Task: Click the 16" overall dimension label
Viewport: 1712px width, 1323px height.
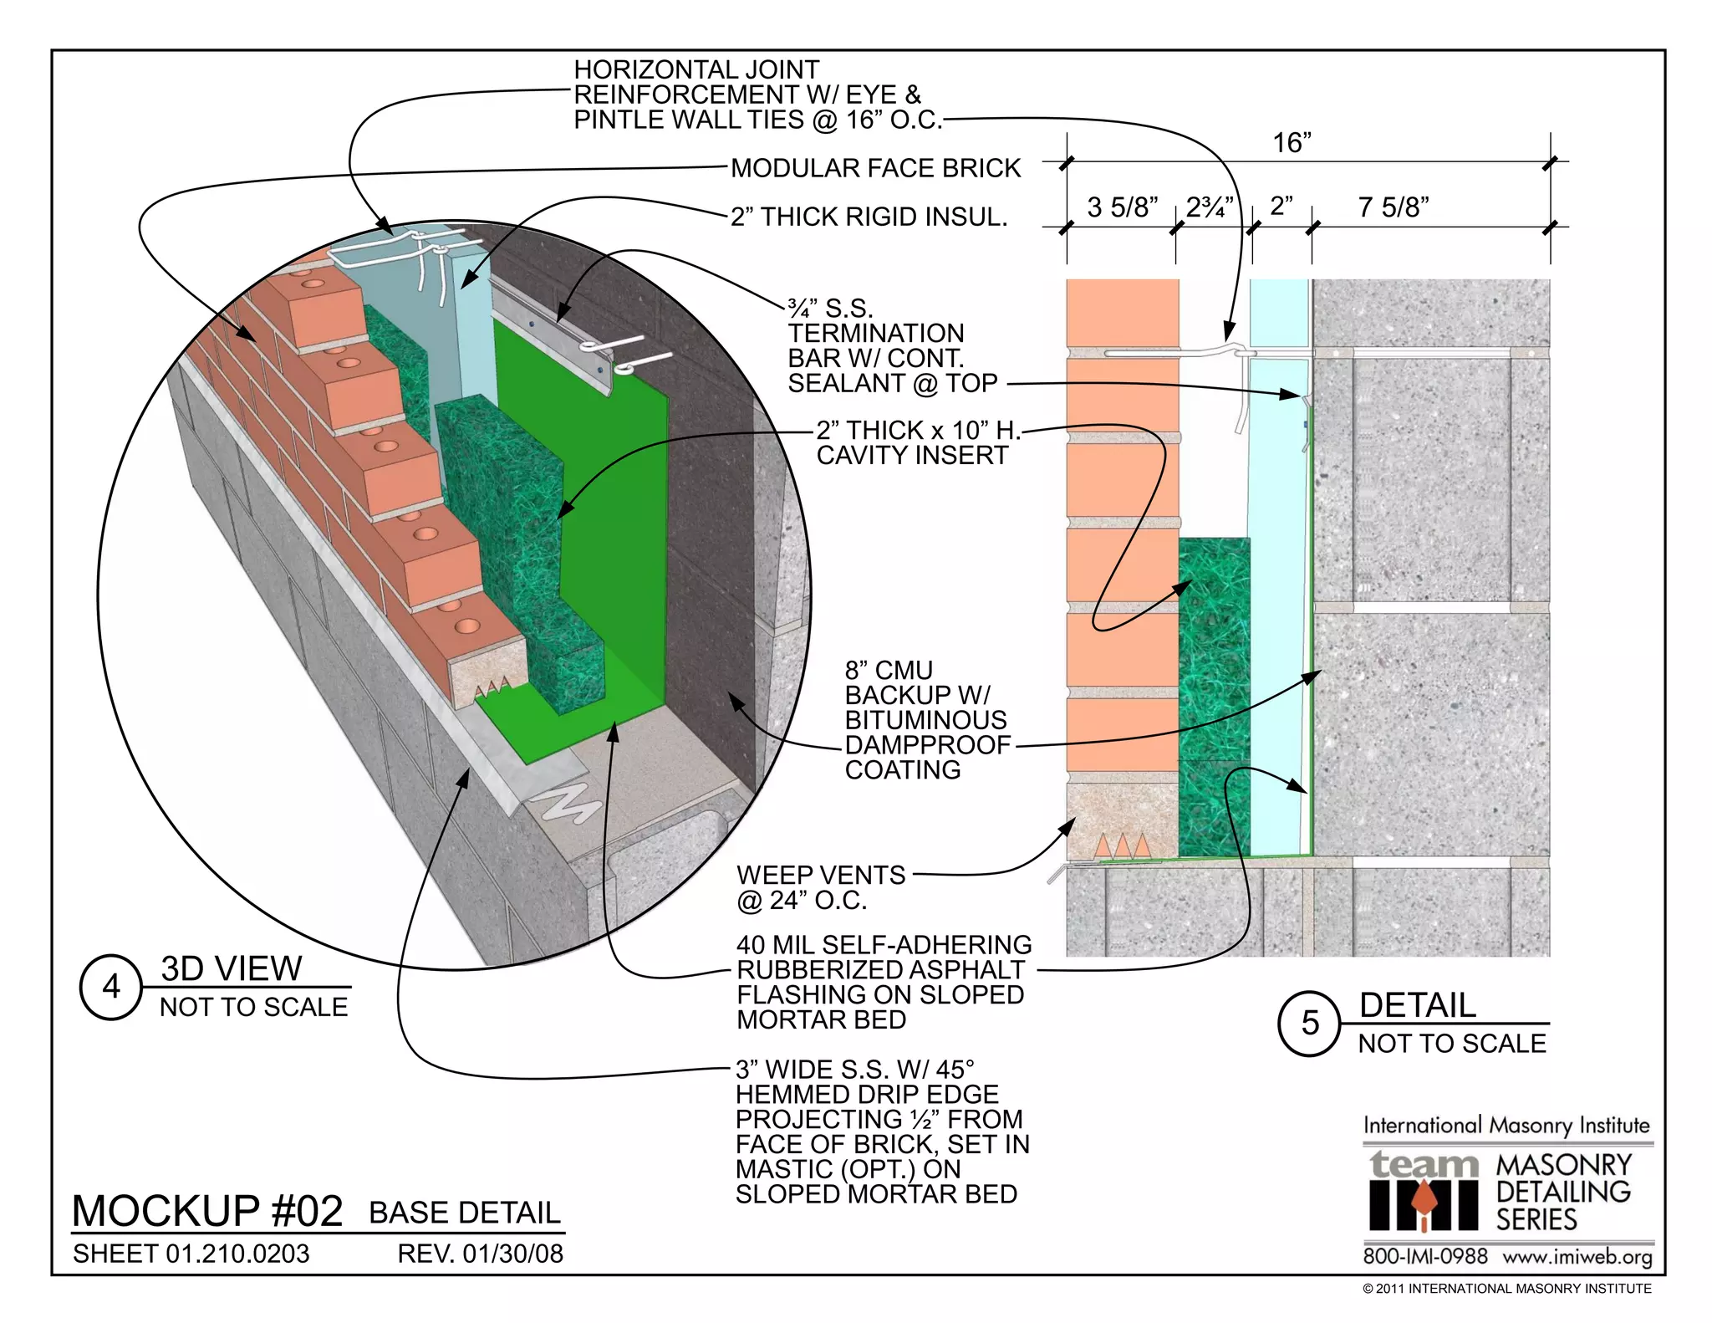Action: [x=1292, y=143]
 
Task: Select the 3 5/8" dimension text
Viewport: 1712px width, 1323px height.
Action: [x=1122, y=207]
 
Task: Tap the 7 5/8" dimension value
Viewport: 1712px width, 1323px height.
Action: [x=1394, y=207]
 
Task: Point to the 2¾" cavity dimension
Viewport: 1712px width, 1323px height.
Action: [x=1210, y=207]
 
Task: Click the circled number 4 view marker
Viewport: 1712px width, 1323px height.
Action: [x=111, y=987]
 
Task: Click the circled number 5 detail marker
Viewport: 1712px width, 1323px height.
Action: [x=1310, y=1023]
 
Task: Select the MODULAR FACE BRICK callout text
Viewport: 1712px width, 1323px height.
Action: [x=875, y=168]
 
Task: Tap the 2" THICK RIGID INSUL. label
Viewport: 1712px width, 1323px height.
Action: [x=869, y=217]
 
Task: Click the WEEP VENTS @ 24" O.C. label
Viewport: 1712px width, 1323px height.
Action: [x=820, y=887]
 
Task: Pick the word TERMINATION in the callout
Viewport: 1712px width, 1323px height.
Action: [x=875, y=333]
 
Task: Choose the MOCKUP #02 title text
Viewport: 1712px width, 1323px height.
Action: [x=207, y=1210]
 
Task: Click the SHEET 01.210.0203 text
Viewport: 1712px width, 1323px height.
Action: [x=191, y=1254]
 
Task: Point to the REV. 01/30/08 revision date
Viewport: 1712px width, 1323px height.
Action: [x=480, y=1254]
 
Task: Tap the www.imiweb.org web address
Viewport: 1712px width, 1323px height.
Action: [x=1577, y=1257]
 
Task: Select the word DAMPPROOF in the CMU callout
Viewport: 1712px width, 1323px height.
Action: [x=927, y=744]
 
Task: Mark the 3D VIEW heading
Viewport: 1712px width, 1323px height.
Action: [x=231, y=968]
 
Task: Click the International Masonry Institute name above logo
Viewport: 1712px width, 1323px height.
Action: [x=1507, y=1126]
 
